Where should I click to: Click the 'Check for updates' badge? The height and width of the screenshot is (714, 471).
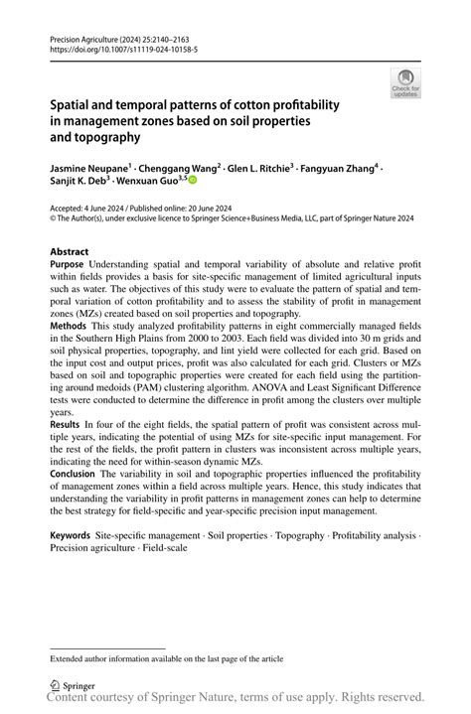(404, 83)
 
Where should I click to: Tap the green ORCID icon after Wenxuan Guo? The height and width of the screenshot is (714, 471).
(193, 182)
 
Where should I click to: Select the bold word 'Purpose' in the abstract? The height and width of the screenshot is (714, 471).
(68, 266)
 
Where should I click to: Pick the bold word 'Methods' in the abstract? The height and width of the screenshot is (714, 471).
(69, 326)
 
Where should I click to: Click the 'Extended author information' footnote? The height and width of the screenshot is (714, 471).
(167, 657)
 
